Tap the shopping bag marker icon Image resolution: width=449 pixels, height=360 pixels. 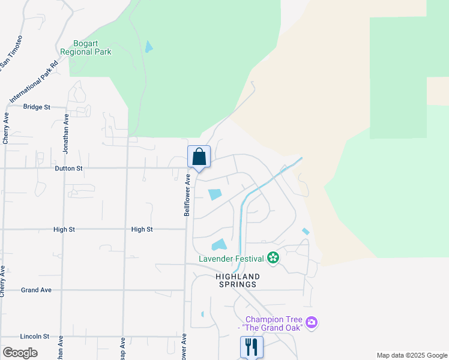tap(199, 157)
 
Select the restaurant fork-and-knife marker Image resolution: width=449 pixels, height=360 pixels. tap(252, 346)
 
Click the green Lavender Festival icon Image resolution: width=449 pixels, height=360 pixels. tap(274, 258)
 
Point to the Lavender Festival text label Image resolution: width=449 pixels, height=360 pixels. tap(232, 259)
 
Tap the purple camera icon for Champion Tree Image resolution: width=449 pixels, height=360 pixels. tap(311, 323)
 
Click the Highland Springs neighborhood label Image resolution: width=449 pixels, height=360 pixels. tap(238, 280)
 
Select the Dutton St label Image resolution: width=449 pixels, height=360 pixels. tap(68, 169)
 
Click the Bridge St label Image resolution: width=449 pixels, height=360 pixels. tap(36, 107)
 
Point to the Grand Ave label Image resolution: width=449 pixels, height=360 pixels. tap(36, 290)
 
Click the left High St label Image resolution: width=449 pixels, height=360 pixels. tap(64, 229)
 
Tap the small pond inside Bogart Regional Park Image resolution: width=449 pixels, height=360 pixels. tap(148, 46)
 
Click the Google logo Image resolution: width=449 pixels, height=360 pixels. tap(20, 353)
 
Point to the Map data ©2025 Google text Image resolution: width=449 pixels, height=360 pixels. tap(412, 355)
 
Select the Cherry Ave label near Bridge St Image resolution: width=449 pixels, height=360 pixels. tap(5, 128)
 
